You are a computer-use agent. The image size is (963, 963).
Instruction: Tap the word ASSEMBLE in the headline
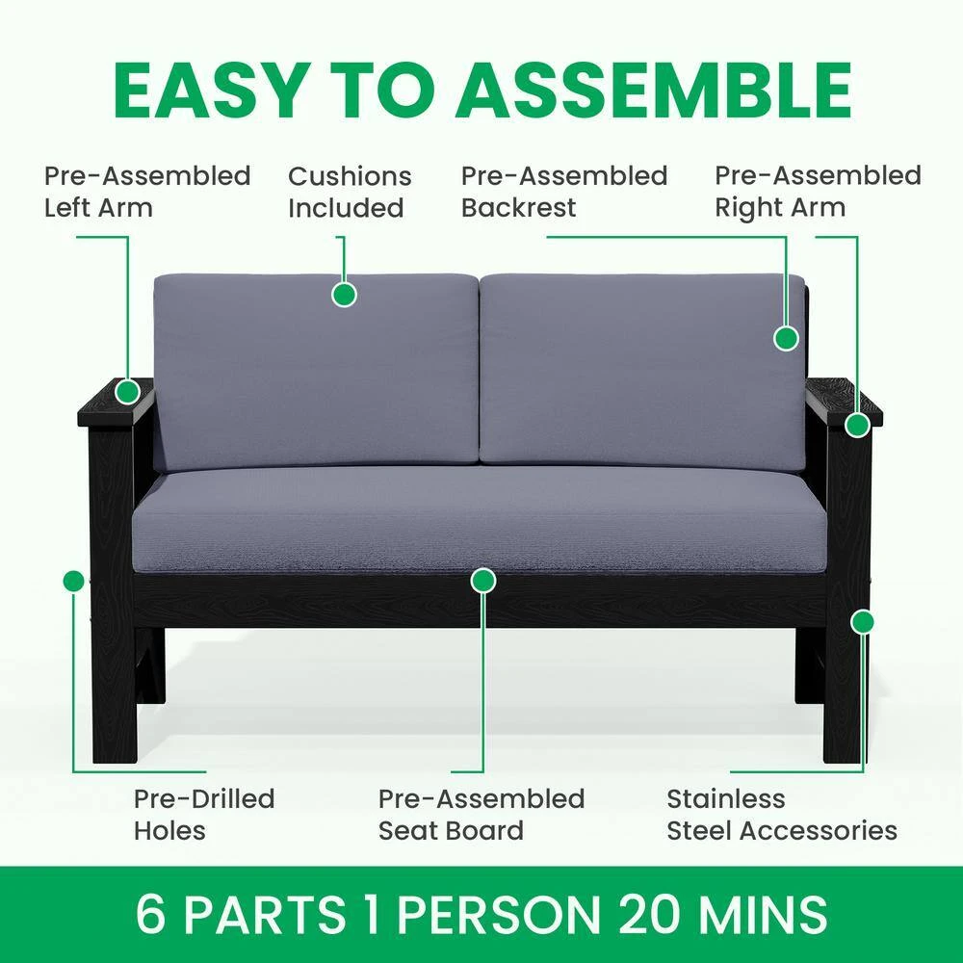click(x=653, y=91)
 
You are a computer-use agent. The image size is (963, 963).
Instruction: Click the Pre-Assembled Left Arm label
click(x=147, y=192)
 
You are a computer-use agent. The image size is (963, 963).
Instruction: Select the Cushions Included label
click(x=350, y=192)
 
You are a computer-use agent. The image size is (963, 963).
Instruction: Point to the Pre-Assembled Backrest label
click(x=563, y=192)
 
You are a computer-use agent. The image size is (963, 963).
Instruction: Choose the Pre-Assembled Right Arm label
click(x=818, y=192)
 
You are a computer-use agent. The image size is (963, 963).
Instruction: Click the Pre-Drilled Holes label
click(x=204, y=815)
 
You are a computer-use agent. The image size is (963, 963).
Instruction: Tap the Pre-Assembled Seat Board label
click(x=481, y=815)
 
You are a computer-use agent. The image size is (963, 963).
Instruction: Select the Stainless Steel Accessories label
click(x=782, y=815)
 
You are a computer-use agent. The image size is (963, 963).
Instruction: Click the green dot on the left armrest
click(x=128, y=391)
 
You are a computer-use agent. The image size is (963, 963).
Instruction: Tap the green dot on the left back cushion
click(x=344, y=294)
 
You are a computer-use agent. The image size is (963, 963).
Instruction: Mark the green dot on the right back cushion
click(x=786, y=338)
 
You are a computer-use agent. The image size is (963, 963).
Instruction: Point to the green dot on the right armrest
click(x=857, y=425)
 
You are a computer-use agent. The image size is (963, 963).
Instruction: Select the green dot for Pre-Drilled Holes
click(x=73, y=581)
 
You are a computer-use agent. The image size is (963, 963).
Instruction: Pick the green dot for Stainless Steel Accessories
click(x=862, y=622)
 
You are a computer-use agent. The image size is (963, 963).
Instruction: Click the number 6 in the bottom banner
click(x=151, y=914)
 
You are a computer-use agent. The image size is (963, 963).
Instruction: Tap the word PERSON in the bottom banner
click(x=499, y=914)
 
